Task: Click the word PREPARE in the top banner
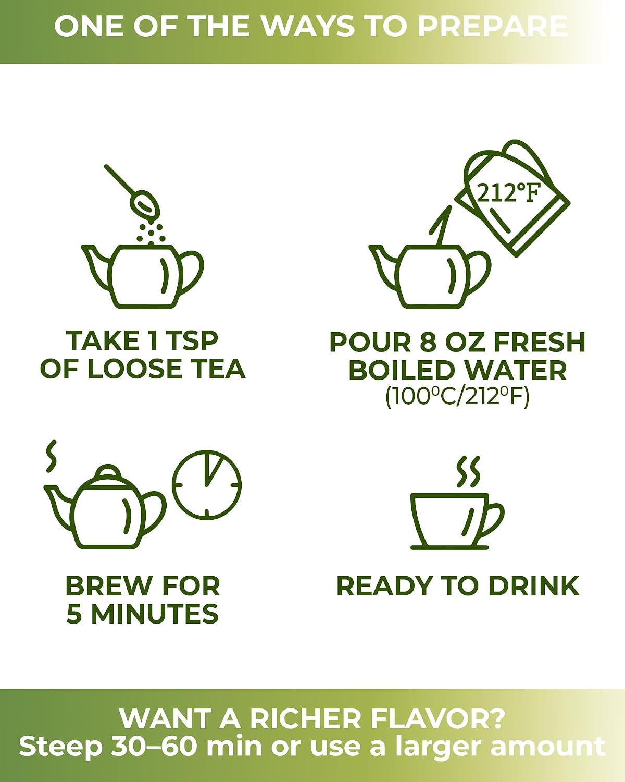coord(492,26)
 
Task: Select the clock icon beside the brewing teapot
coord(207,484)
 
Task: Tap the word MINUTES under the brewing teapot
coord(155,614)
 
